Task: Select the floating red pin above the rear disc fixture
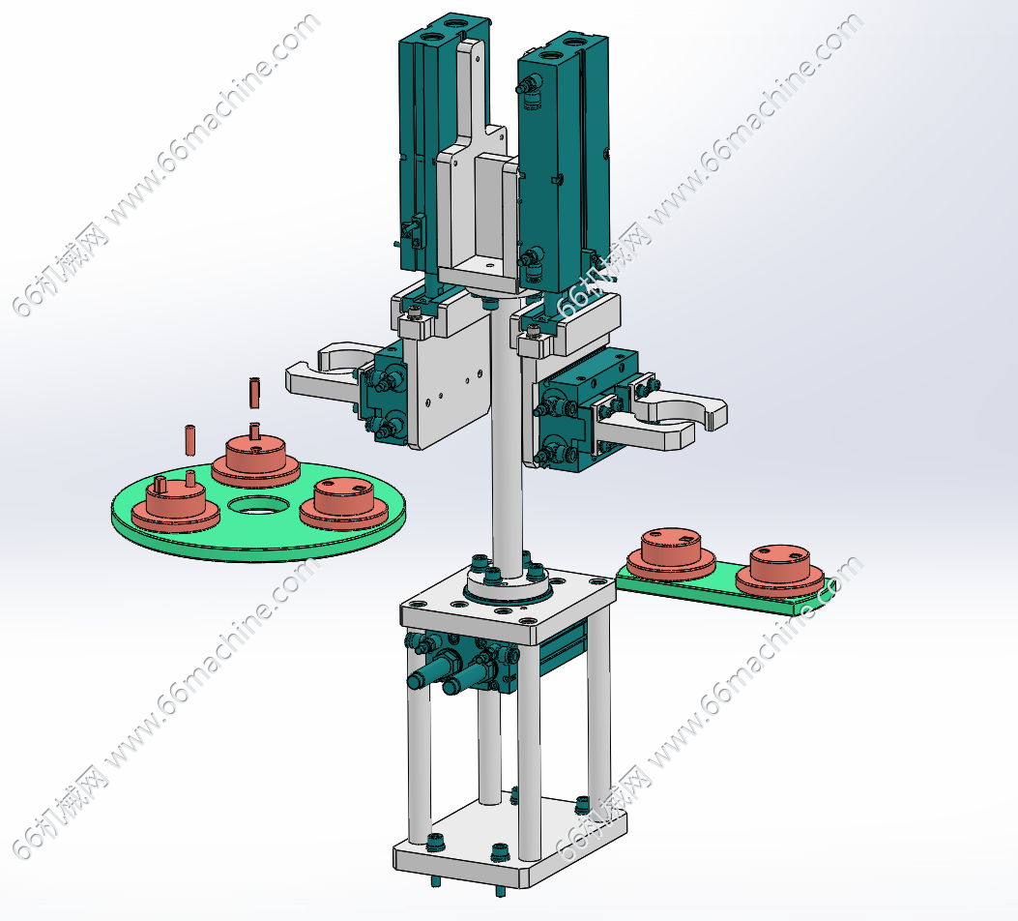click(254, 393)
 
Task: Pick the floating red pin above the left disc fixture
click(190, 440)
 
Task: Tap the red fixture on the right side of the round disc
click(344, 499)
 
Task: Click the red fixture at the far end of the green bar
click(779, 570)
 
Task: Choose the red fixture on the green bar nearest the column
click(671, 552)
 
